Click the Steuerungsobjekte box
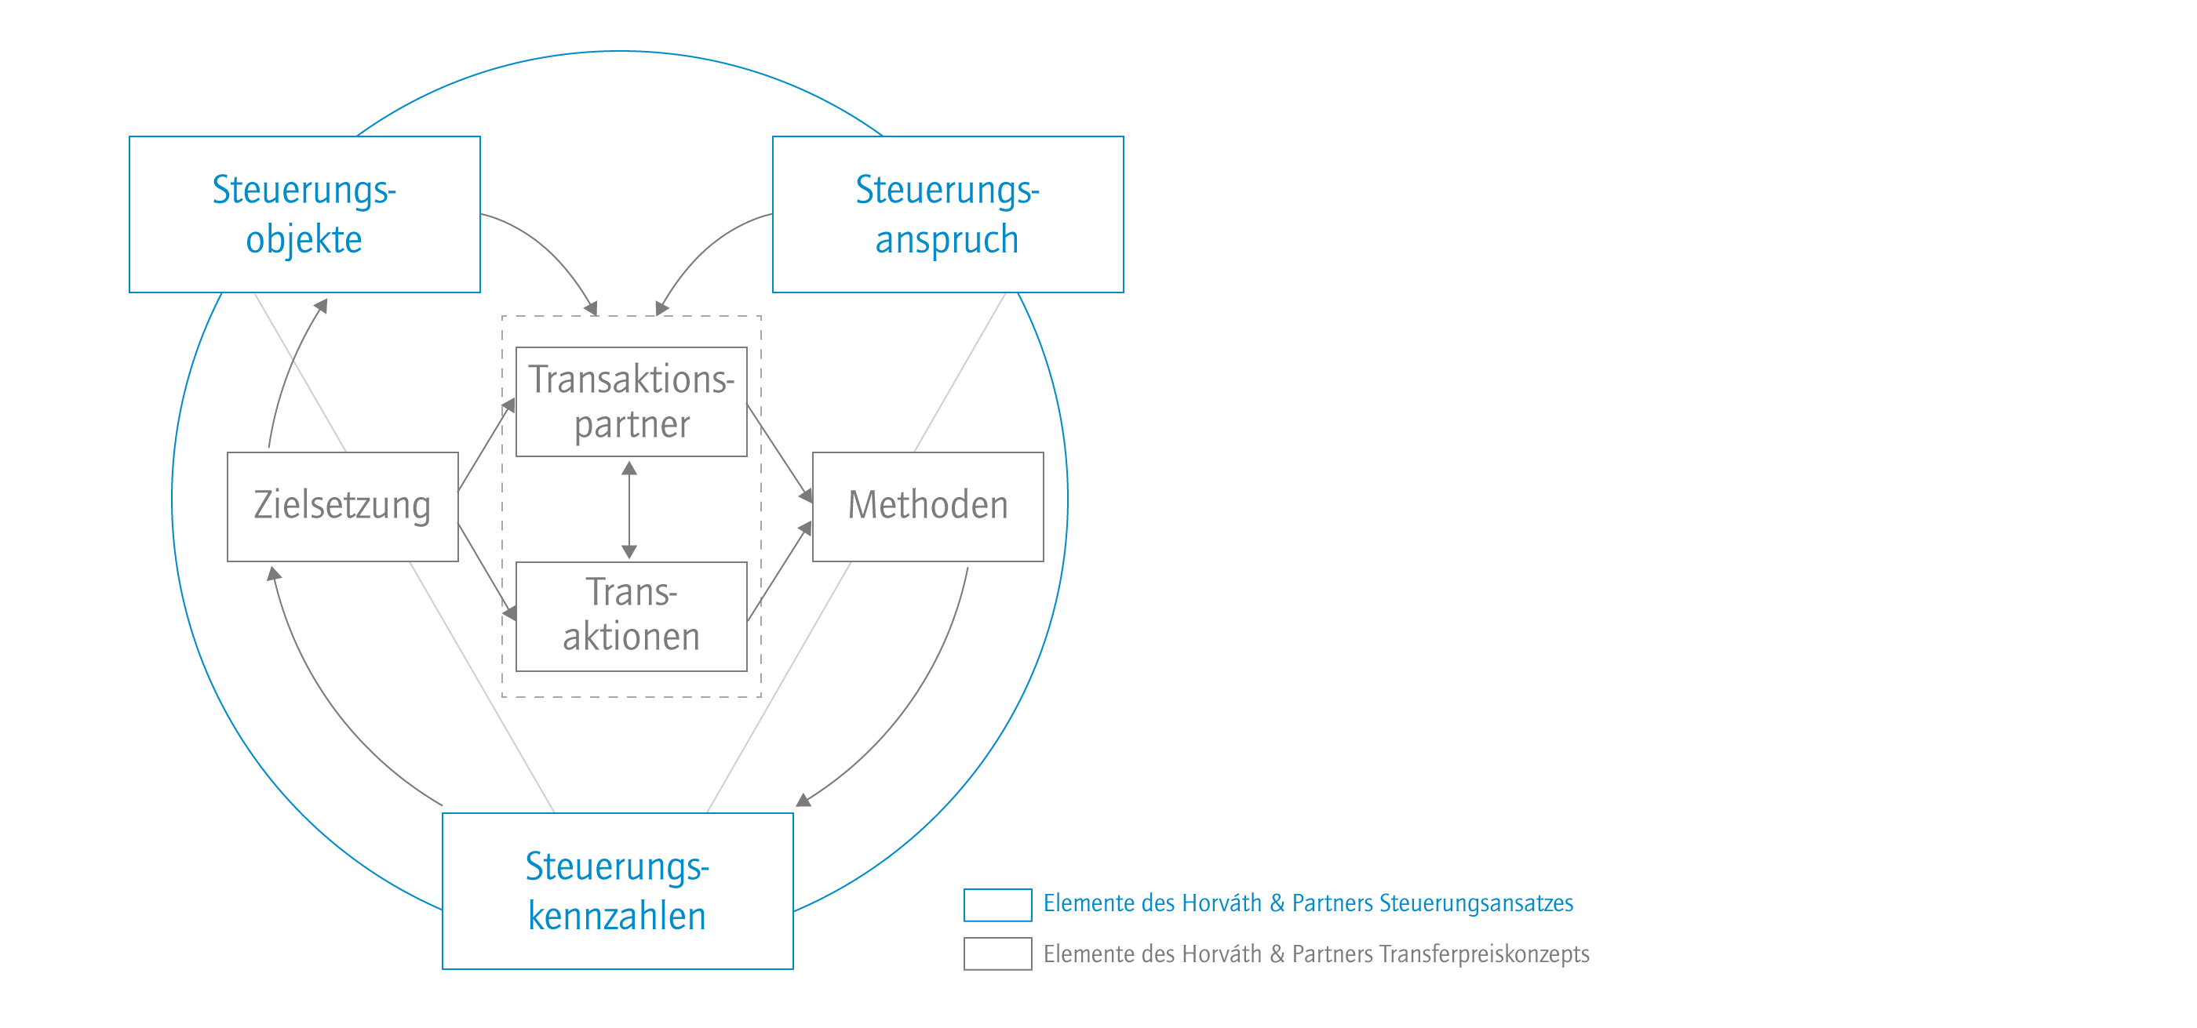[304, 214]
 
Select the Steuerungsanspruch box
[948, 214]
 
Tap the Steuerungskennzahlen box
[618, 891]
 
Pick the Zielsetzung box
[343, 507]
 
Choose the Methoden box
[928, 507]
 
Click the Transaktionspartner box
[631, 401]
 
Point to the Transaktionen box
[631, 616]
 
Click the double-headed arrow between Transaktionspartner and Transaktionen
[629, 510]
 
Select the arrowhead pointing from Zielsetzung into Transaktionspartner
[510, 405]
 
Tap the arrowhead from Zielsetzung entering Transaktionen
[510, 613]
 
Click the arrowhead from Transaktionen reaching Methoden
[805, 529]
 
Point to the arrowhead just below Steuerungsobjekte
[322, 305]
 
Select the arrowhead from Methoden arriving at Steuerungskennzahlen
[803, 800]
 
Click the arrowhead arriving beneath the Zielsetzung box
[273, 573]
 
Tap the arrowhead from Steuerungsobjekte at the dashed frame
[590, 309]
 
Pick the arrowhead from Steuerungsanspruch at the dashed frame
[661, 309]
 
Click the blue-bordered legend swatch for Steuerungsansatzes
[998, 904]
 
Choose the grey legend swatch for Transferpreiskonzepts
[998, 954]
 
